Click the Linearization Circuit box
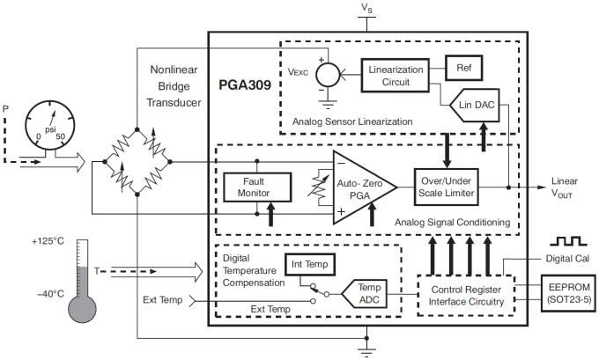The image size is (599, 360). (x=396, y=75)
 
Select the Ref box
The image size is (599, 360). (x=463, y=67)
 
